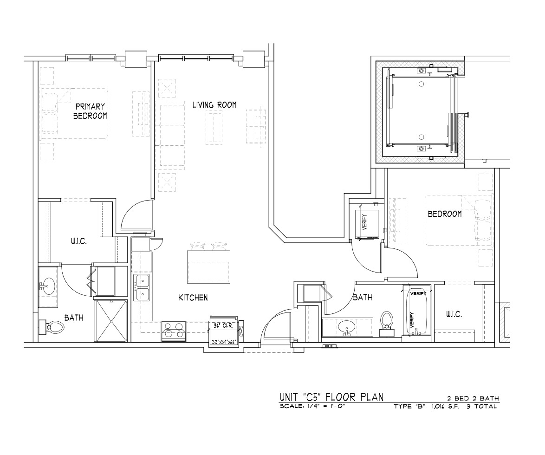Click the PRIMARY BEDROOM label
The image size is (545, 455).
click(90, 111)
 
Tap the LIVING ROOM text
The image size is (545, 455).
click(214, 104)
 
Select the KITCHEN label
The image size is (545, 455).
click(193, 298)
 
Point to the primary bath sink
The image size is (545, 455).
click(48, 287)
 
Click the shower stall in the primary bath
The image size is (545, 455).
click(111, 321)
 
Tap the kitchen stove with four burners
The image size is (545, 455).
click(174, 331)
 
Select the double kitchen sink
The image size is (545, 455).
click(142, 287)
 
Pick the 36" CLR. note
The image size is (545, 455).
click(223, 326)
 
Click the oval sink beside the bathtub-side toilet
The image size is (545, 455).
click(346, 327)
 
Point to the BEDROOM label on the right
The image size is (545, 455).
click(445, 214)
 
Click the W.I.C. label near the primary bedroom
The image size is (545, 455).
click(79, 241)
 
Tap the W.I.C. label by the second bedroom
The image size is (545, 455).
click(454, 315)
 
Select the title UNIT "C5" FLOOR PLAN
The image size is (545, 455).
click(331, 397)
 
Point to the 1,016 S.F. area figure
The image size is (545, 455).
click(446, 406)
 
